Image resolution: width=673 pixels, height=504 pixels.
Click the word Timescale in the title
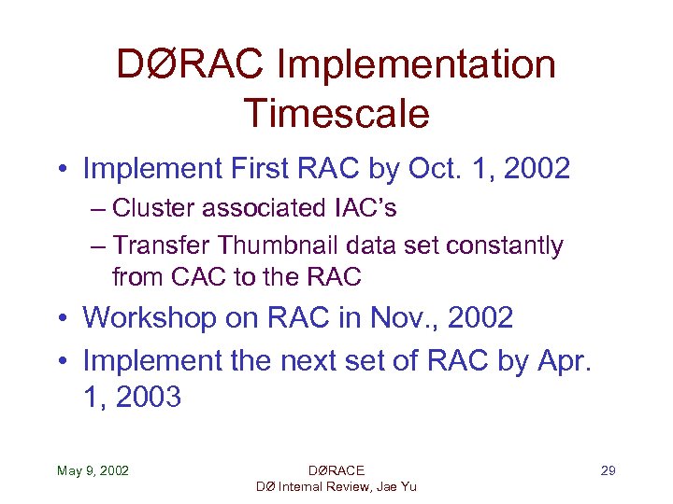336,113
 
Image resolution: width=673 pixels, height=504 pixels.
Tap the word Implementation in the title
417,64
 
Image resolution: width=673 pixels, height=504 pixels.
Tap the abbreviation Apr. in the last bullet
566,358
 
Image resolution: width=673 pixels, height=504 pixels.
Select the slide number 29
608,470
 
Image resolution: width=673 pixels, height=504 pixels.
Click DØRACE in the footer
336,470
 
